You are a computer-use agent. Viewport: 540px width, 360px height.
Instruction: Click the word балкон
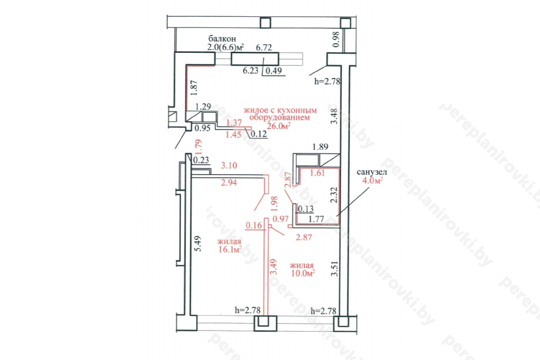click(222, 38)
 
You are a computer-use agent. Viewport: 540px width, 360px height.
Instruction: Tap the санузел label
click(372, 172)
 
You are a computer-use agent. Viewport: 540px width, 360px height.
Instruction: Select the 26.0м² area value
click(278, 126)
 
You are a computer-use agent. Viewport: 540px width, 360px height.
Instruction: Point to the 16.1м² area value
click(230, 249)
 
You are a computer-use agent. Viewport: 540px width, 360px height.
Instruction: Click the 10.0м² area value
click(303, 273)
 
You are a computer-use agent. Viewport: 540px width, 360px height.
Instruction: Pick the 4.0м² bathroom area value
click(373, 180)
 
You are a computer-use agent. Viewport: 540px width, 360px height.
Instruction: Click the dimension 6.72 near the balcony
click(264, 48)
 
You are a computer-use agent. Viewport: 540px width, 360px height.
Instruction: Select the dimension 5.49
click(198, 244)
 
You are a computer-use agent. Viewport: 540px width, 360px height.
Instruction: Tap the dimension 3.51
click(335, 269)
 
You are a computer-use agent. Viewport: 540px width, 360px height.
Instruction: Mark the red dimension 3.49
click(274, 267)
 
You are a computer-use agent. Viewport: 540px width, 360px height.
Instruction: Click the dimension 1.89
click(320, 146)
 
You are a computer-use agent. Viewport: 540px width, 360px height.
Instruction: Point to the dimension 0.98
click(336, 40)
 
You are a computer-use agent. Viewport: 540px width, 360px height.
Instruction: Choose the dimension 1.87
click(194, 88)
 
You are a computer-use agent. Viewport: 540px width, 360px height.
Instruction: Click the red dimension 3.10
click(229, 165)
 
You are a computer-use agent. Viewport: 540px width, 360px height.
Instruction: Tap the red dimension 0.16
click(254, 225)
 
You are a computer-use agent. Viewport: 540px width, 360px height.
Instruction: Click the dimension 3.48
click(334, 116)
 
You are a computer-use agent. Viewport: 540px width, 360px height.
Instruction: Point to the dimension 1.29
click(203, 106)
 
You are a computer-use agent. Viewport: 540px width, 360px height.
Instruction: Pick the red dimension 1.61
click(317, 173)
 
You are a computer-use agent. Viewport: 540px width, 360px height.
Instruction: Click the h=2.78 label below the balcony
click(327, 81)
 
